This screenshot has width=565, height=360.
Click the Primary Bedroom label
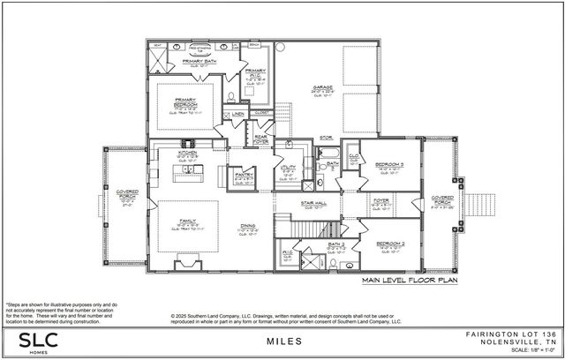click(185, 103)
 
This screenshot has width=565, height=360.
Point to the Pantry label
click(241, 176)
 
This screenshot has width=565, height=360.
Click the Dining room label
click(249, 227)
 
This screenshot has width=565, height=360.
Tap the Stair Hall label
click(314, 202)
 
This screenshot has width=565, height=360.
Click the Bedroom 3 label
click(389, 165)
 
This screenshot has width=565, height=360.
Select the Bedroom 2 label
click(389, 243)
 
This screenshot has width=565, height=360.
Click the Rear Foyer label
click(261, 138)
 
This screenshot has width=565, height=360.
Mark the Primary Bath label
click(200, 62)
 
